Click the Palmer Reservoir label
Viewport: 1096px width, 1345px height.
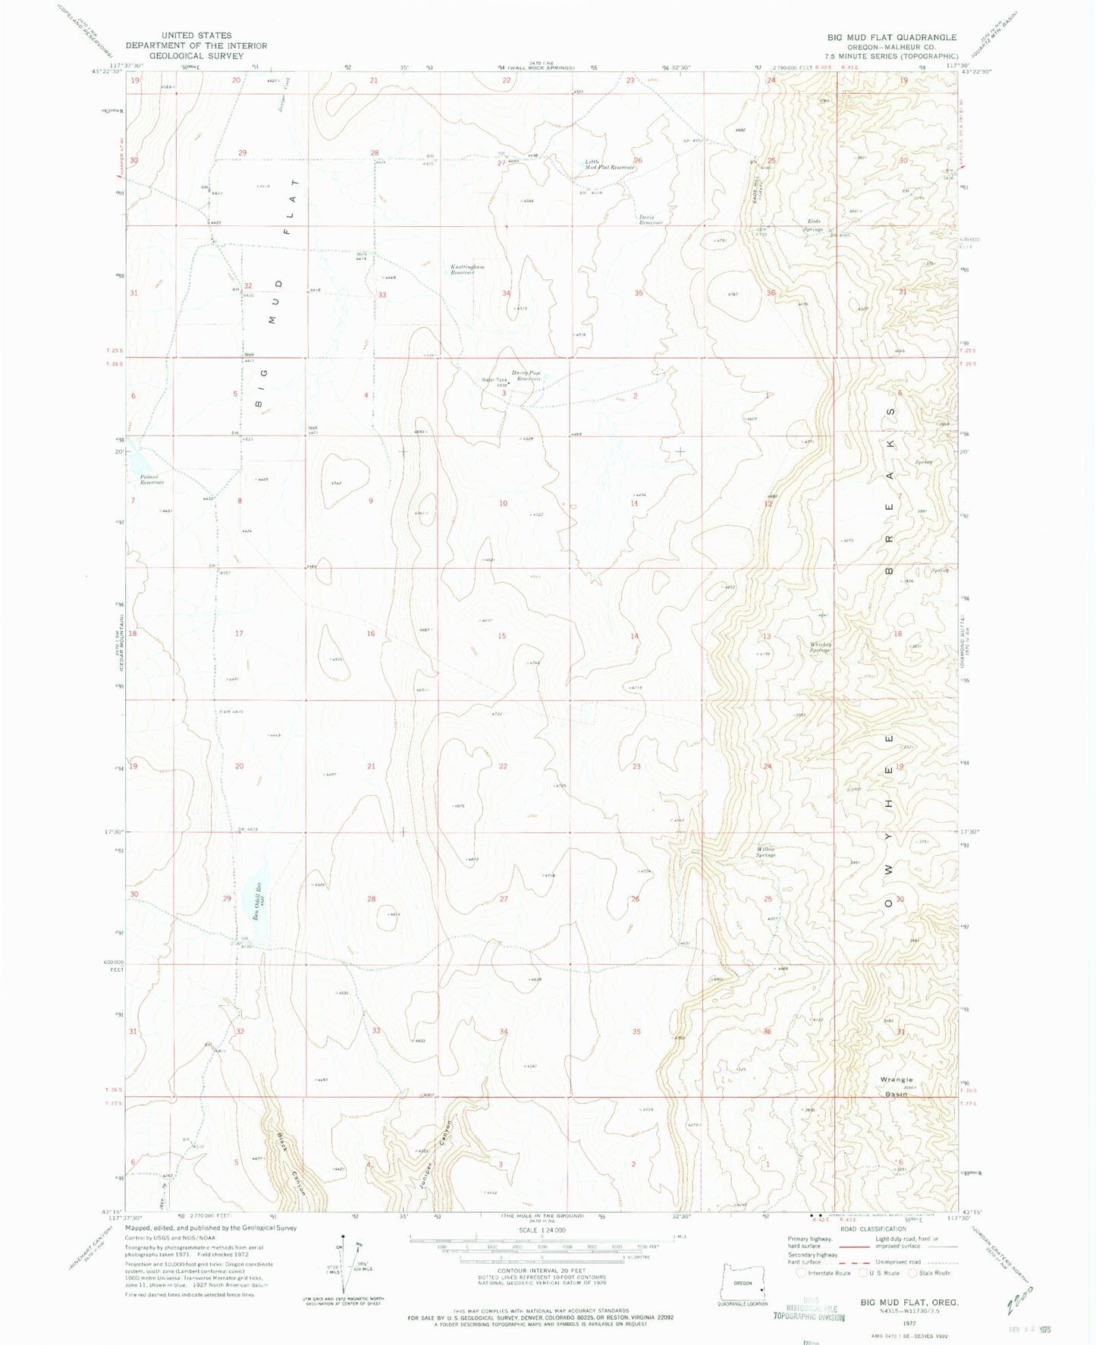(152, 479)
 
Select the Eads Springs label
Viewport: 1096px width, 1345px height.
(813, 225)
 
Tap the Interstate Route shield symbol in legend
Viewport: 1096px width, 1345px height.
(802, 1273)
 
